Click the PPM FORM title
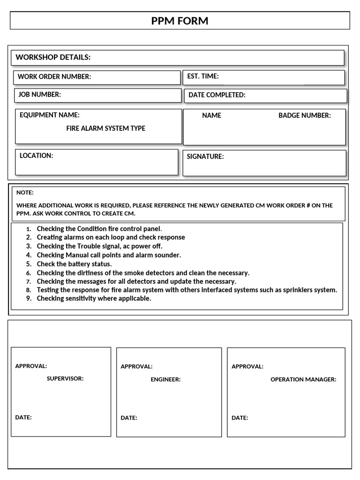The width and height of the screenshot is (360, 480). [180, 21]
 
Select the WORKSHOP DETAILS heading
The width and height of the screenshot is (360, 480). [53, 57]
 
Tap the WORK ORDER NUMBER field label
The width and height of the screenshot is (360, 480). [54, 77]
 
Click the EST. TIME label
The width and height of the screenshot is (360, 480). [202, 76]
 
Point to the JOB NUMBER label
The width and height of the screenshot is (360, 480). [39, 95]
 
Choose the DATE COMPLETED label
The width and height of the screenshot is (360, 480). [217, 95]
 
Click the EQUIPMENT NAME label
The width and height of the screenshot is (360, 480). [49, 115]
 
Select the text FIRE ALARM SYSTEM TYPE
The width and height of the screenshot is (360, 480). [105, 128]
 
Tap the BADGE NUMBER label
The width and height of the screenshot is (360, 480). [304, 115]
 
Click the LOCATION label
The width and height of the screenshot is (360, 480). [36, 156]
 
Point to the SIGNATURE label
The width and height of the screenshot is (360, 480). [205, 157]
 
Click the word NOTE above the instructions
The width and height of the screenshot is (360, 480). [25, 193]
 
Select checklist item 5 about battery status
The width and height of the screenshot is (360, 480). [74, 264]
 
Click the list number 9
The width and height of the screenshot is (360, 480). [29, 299]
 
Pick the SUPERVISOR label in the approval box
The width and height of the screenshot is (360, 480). [65, 378]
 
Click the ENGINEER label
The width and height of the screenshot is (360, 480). [165, 379]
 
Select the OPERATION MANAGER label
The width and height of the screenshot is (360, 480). [303, 379]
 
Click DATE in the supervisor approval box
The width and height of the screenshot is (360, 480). [23, 417]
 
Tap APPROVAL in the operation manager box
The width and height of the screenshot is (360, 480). [247, 367]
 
